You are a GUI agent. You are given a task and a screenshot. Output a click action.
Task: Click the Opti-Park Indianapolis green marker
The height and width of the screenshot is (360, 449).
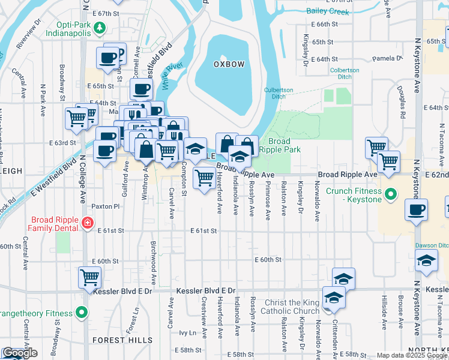click(100, 28)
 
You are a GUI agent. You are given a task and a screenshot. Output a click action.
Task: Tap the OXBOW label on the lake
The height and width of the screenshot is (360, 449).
click(229, 64)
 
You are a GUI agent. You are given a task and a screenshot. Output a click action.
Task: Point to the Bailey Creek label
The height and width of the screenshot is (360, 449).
click(327, 11)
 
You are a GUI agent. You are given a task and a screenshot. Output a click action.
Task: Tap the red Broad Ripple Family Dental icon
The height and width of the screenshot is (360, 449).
click(88, 223)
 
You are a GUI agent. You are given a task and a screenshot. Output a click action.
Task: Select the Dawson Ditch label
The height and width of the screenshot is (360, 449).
click(430, 245)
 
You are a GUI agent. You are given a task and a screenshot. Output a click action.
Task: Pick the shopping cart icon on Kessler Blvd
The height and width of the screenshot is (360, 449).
click(89, 277)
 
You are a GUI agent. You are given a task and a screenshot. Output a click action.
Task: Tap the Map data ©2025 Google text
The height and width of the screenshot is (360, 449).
click(412, 355)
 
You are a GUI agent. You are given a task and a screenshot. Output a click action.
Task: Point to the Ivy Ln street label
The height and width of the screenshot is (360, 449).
click(188, 332)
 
